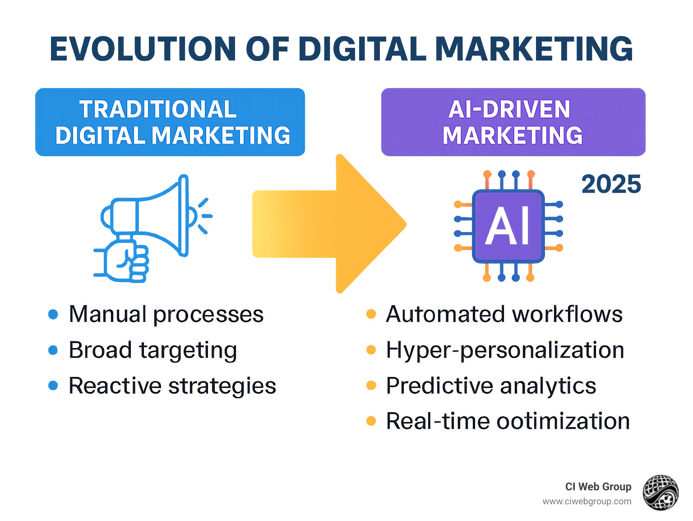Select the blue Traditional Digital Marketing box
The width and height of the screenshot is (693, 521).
[x=170, y=122]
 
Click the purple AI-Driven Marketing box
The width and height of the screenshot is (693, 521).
[x=513, y=122]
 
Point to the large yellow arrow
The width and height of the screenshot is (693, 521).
[x=329, y=224]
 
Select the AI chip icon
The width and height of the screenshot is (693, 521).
[x=508, y=226]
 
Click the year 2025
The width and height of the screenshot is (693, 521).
[x=611, y=184]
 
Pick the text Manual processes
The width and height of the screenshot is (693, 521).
[x=166, y=314]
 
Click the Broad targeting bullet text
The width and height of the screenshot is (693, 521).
[x=152, y=350]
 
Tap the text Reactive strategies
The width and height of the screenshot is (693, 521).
[x=172, y=386]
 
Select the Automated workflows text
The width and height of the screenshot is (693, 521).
[x=504, y=314]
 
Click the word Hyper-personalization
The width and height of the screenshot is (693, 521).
[x=505, y=350]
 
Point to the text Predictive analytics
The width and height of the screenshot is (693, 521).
[x=491, y=386]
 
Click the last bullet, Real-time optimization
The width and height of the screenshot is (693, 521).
[x=508, y=421]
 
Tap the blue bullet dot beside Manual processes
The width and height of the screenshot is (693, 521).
[x=53, y=314]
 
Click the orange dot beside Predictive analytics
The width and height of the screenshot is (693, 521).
[x=371, y=385]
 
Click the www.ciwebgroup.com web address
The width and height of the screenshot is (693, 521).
[x=587, y=502]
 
